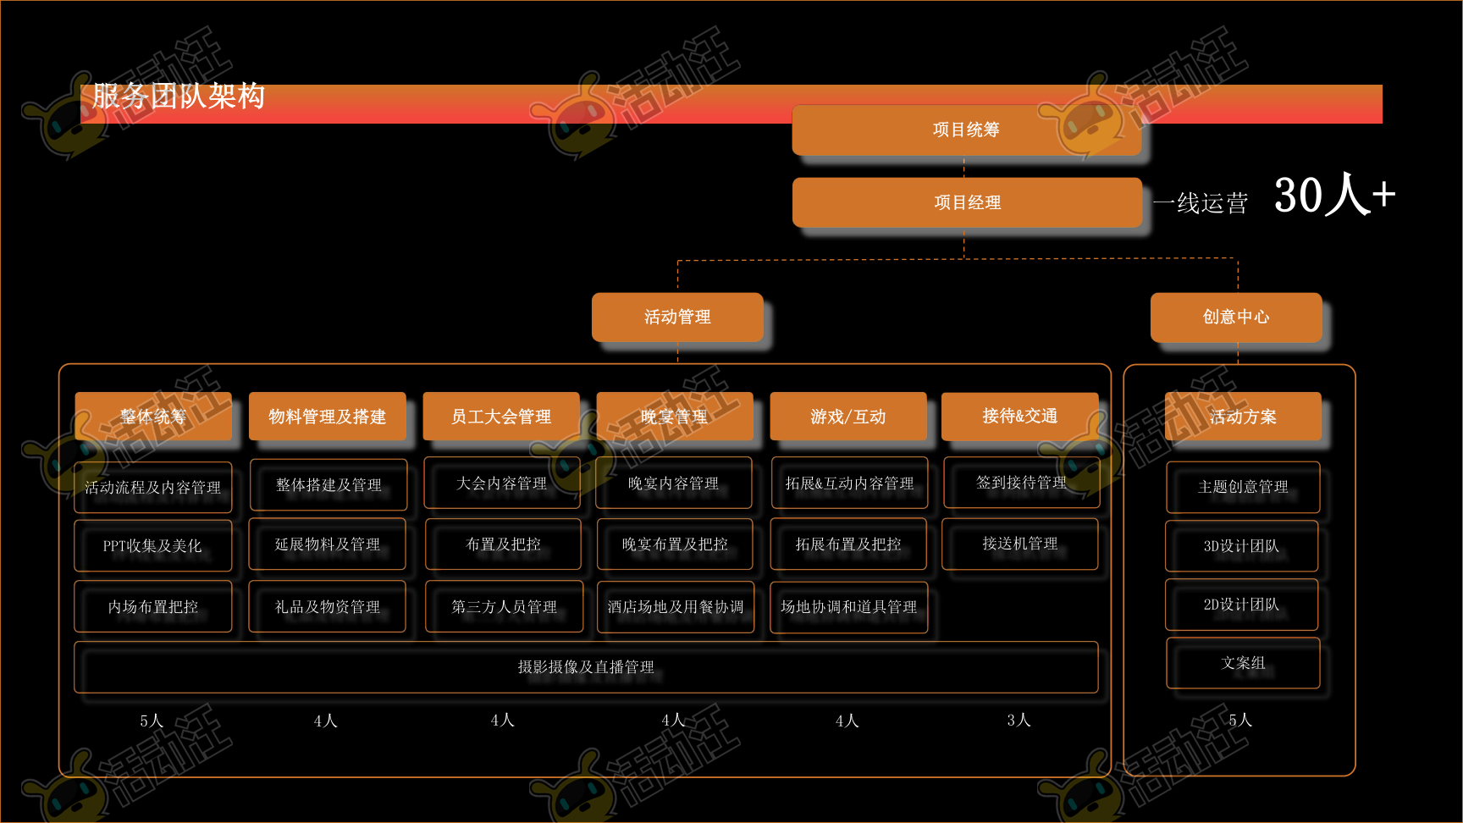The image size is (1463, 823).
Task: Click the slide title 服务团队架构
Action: [179, 97]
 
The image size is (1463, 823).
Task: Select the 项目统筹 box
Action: [966, 130]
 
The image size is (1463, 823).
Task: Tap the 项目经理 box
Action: [967, 202]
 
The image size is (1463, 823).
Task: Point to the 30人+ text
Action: [1333, 196]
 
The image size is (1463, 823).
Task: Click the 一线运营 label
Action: [1201, 203]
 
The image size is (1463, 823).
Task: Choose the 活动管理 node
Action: [677, 317]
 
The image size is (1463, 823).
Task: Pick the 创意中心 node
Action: [1236, 317]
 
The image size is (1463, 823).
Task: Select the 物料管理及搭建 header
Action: [328, 416]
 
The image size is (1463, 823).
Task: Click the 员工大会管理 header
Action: [501, 416]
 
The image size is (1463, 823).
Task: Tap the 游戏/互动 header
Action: [848, 416]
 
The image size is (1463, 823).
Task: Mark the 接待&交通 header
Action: [1020, 416]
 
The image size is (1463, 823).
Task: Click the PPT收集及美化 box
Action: [152, 546]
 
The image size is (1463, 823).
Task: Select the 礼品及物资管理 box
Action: [328, 606]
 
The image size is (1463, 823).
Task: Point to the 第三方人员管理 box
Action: [504, 606]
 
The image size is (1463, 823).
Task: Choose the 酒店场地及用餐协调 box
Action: [676, 606]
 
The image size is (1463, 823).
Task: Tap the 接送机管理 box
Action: [1020, 544]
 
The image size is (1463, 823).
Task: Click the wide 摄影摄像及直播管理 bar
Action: [586, 667]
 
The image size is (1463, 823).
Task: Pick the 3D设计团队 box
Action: [1242, 546]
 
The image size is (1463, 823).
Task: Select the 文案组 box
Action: [1243, 663]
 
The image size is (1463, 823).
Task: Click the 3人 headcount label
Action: [1019, 720]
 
